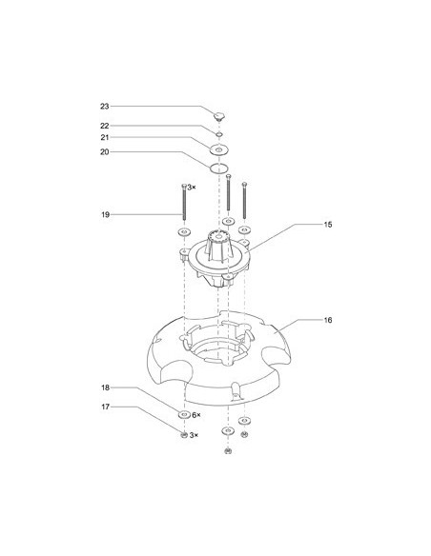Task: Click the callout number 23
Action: [104, 107]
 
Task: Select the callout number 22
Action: [104, 126]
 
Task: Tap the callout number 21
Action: [104, 138]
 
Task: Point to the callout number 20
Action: [104, 152]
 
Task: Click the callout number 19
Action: [105, 214]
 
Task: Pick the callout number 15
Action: [328, 225]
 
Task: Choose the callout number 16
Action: [328, 320]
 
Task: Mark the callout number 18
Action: [105, 387]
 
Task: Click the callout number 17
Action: [105, 407]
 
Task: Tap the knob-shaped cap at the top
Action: [219, 116]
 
